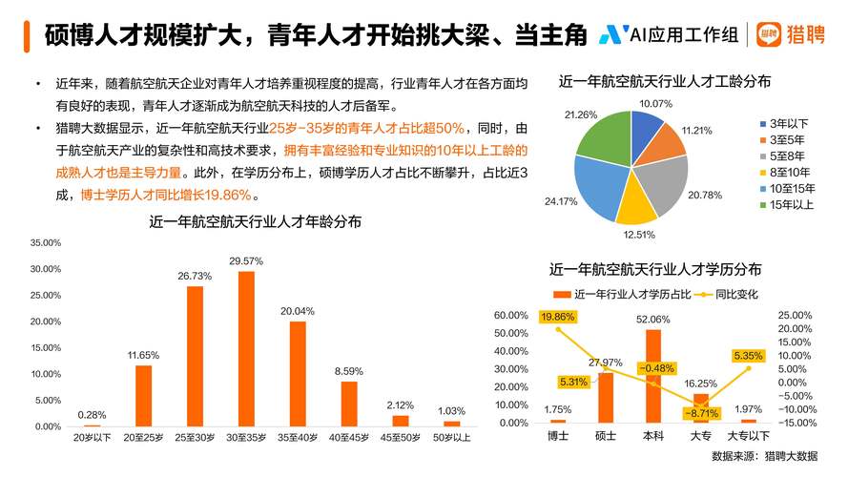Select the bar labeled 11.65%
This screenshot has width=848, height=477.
tap(143, 395)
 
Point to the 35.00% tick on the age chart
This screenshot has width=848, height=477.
tap(46, 243)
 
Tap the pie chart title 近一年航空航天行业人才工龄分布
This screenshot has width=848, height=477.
tap(664, 83)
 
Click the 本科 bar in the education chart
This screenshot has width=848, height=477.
tap(653, 375)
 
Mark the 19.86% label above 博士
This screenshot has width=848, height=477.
tap(558, 317)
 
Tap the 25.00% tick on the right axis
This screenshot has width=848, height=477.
tap(795, 316)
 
